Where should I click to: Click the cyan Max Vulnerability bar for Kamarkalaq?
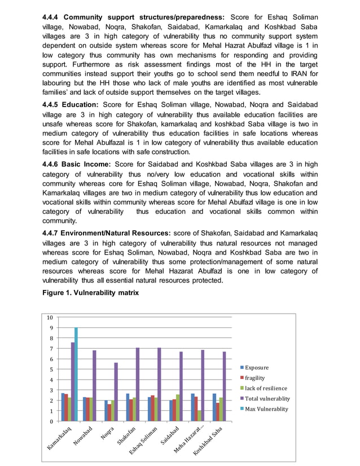pyautogui.click(x=76, y=374)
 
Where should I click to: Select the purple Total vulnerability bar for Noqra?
pyautogui.click(x=116, y=392)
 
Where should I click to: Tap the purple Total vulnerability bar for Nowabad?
pyautogui.click(x=94, y=386)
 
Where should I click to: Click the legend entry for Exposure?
pyautogui.click(x=256, y=368)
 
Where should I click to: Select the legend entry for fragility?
pyautogui.click(x=254, y=378)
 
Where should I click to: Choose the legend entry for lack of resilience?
pyautogui.click(x=265, y=388)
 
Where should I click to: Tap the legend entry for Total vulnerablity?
pyautogui.click(x=267, y=398)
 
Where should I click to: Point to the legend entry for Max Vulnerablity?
pyautogui.click(x=266, y=409)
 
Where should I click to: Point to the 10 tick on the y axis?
pyautogui.click(x=50, y=318)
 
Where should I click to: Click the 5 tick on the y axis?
pyautogui.click(x=51, y=370)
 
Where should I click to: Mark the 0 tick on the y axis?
pyautogui.click(x=51, y=421)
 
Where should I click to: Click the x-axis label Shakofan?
pyautogui.click(x=125, y=436)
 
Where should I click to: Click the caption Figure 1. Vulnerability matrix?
pyautogui.click(x=90, y=293)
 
